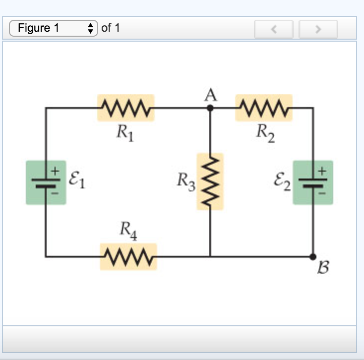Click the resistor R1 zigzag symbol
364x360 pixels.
(x=126, y=107)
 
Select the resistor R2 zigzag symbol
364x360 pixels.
(x=264, y=107)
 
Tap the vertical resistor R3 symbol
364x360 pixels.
(x=210, y=181)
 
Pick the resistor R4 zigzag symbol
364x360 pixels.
(x=128, y=256)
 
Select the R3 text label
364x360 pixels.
(x=187, y=182)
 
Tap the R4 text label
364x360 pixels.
(x=127, y=231)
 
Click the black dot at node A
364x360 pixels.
(x=210, y=107)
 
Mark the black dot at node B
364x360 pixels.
(x=313, y=256)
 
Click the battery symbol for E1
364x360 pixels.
(x=46, y=182)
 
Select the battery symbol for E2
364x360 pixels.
(x=313, y=182)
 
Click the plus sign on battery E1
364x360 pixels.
(x=56, y=170)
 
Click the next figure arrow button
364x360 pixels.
(x=318, y=29)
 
